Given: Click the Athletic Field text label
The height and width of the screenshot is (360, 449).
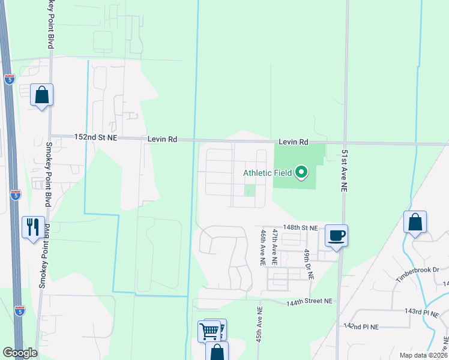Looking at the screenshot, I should [x=267, y=173].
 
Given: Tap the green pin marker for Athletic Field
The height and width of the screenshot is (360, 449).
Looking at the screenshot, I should [x=302, y=173].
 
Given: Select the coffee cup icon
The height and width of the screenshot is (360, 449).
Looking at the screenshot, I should [x=336, y=235].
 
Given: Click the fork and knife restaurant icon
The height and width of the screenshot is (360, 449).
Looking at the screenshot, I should [x=33, y=227].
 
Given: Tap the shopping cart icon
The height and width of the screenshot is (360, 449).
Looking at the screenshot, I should [x=209, y=329].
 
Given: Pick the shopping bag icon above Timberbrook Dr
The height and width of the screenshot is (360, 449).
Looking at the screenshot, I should [x=415, y=221].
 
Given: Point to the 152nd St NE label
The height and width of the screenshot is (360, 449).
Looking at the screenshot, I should [x=95, y=137].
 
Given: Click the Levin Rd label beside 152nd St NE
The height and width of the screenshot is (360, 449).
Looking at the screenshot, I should [x=163, y=139].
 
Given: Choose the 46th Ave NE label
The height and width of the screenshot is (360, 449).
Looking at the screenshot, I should [x=263, y=247].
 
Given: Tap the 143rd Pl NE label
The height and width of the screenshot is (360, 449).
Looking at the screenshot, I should [x=423, y=312].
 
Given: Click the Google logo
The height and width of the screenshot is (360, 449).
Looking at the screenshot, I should [x=20, y=353].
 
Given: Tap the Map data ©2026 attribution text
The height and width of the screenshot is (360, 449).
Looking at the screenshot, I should [x=423, y=355].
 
